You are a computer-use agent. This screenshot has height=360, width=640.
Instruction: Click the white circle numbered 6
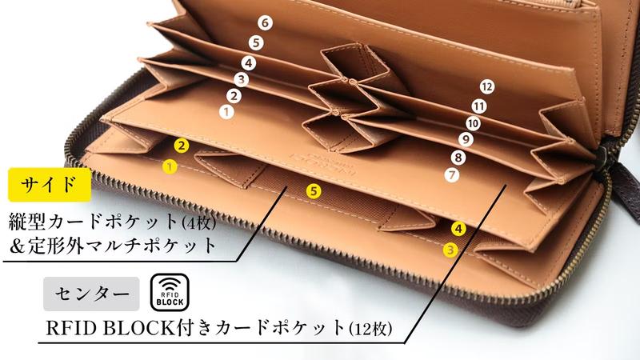pos(265,23)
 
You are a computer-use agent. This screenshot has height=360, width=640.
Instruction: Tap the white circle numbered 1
pos(226,113)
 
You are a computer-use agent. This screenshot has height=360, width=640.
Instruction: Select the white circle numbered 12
pos(487,86)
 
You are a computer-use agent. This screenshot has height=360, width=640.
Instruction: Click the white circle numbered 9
pos(466,140)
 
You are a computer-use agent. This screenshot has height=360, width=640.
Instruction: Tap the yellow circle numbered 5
pos(314,190)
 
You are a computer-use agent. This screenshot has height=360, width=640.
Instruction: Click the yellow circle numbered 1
pos(169,167)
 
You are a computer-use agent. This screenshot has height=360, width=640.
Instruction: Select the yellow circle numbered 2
pos(182,146)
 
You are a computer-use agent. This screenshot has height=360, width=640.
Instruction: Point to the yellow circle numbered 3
pos(451,250)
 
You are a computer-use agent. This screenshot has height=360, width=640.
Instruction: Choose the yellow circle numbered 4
pos(458,229)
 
